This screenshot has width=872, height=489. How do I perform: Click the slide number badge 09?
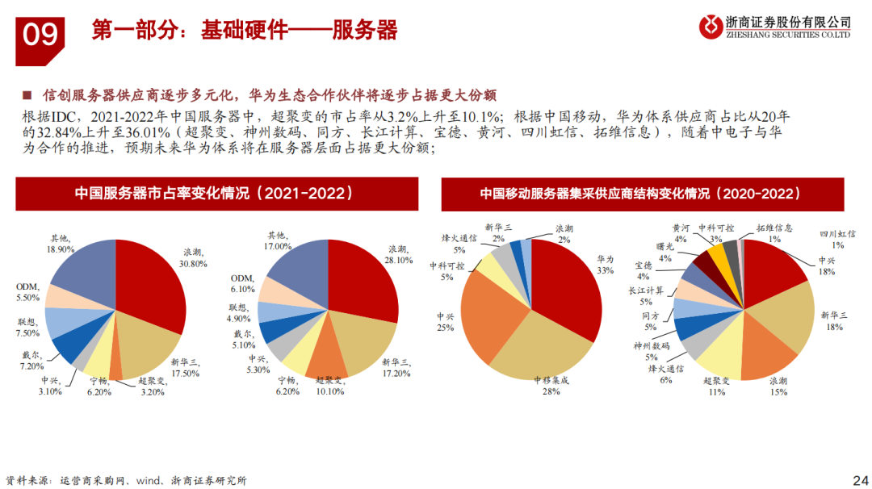(40, 35)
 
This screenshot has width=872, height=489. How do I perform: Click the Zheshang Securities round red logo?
(711, 27)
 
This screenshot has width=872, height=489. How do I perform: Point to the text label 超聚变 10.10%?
(329, 385)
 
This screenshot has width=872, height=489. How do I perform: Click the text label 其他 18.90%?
(60, 245)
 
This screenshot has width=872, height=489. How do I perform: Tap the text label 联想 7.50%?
(31, 327)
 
